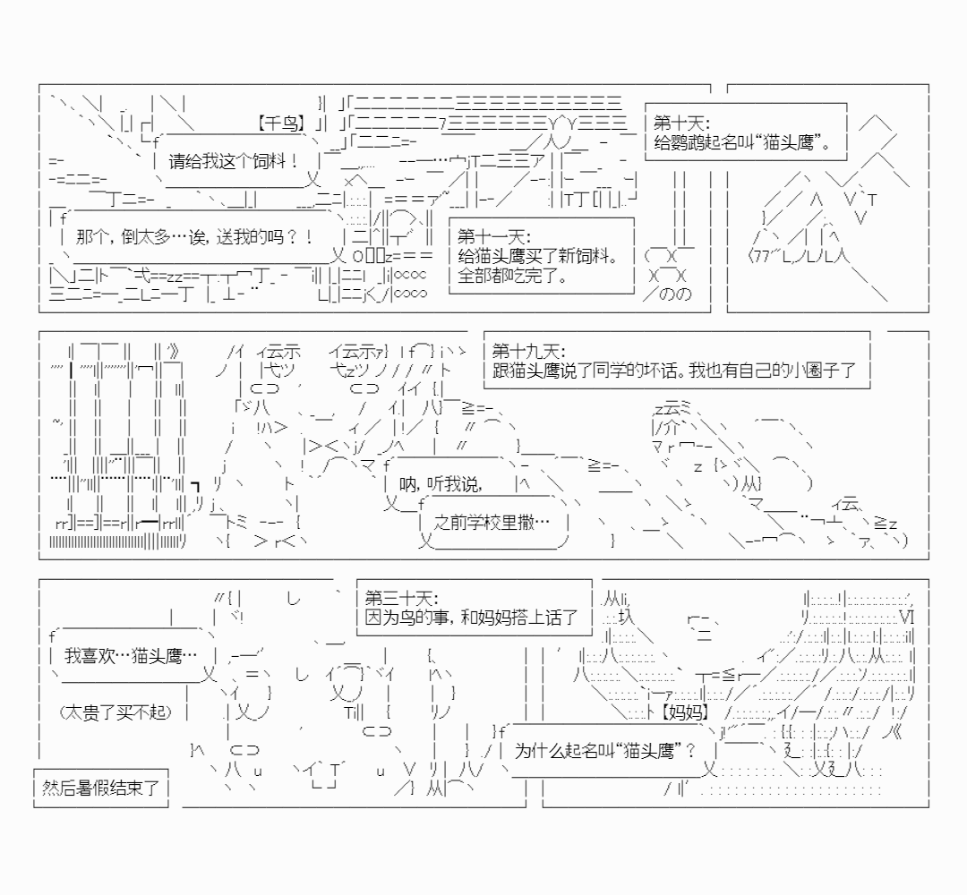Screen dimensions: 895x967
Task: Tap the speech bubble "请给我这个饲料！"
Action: click(x=233, y=162)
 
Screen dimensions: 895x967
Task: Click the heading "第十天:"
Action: click(x=680, y=123)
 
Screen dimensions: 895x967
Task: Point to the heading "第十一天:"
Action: click(x=493, y=237)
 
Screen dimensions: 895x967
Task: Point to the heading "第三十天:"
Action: click(x=402, y=598)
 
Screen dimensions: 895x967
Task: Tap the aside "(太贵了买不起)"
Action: click(x=114, y=712)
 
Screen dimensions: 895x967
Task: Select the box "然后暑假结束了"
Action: click(x=99, y=788)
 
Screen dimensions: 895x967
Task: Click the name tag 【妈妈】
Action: click(x=685, y=712)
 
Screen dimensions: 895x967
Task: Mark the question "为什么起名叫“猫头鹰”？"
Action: click(x=605, y=750)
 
